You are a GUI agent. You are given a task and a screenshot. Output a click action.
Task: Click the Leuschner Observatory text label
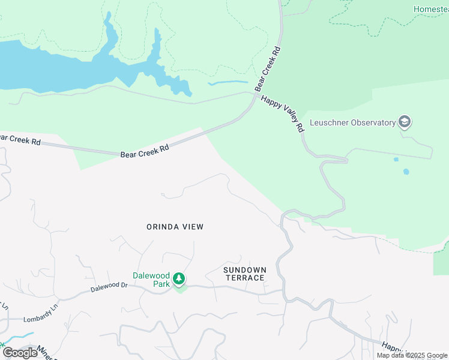[352, 123]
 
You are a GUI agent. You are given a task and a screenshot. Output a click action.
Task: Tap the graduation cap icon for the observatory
[405, 122]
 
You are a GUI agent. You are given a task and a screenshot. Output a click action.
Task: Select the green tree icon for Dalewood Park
[179, 279]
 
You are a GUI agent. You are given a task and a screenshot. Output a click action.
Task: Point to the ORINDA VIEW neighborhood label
[175, 227]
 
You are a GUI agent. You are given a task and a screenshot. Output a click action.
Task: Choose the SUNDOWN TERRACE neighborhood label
[244, 274]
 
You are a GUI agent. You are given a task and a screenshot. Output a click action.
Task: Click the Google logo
[20, 353]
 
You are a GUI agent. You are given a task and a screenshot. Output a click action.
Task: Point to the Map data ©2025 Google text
[412, 356]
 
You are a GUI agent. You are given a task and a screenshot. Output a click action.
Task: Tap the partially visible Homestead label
[431, 9]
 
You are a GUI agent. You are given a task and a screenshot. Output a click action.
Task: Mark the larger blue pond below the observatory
[406, 172]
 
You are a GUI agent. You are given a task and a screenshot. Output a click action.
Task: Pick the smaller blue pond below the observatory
[396, 160]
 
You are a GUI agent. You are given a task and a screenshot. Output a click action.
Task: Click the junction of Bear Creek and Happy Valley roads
[256, 95]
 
